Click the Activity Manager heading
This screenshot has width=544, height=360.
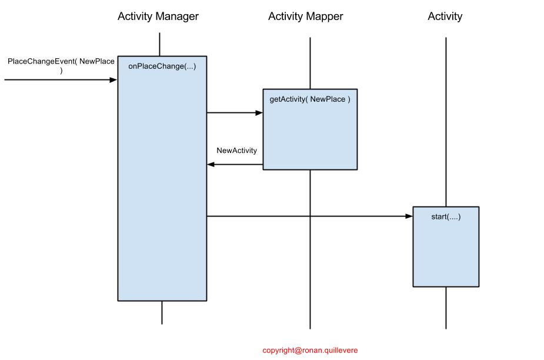tap(158, 16)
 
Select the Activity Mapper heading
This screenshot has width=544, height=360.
tap(305, 16)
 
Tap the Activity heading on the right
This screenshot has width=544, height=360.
tap(445, 16)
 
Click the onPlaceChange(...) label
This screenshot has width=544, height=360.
tap(162, 66)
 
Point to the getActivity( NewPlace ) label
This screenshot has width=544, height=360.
tap(310, 99)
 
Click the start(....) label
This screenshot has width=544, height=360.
tap(446, 217)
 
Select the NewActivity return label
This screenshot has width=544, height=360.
tap(236, 151)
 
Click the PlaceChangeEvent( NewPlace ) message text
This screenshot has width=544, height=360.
tap(61, 65)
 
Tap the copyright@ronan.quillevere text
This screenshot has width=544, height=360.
tap(310, 350)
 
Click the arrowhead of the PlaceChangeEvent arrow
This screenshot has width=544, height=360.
tap(114, 79)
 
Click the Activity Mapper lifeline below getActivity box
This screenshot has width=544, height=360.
tap(310, 247)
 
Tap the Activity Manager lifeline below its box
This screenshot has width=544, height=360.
tap(162, 312)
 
